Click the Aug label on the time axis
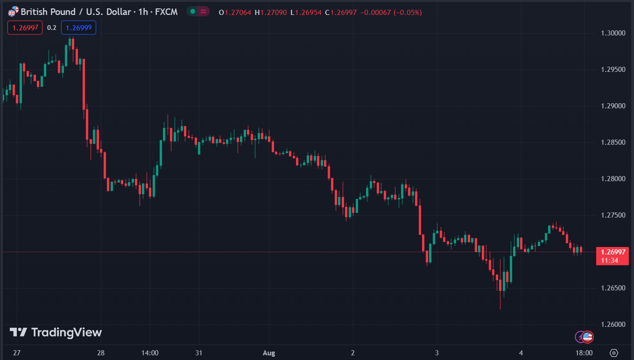269,353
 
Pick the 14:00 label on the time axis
149,353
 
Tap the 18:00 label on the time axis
584,353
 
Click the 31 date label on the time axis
199,353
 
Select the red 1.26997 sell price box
25,28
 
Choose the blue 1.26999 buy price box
78,28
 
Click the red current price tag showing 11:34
612,256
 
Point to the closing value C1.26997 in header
343,12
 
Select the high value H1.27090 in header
271,12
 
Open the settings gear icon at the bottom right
614,353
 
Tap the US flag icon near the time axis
587,336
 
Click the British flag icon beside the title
14,12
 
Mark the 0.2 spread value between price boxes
52,28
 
